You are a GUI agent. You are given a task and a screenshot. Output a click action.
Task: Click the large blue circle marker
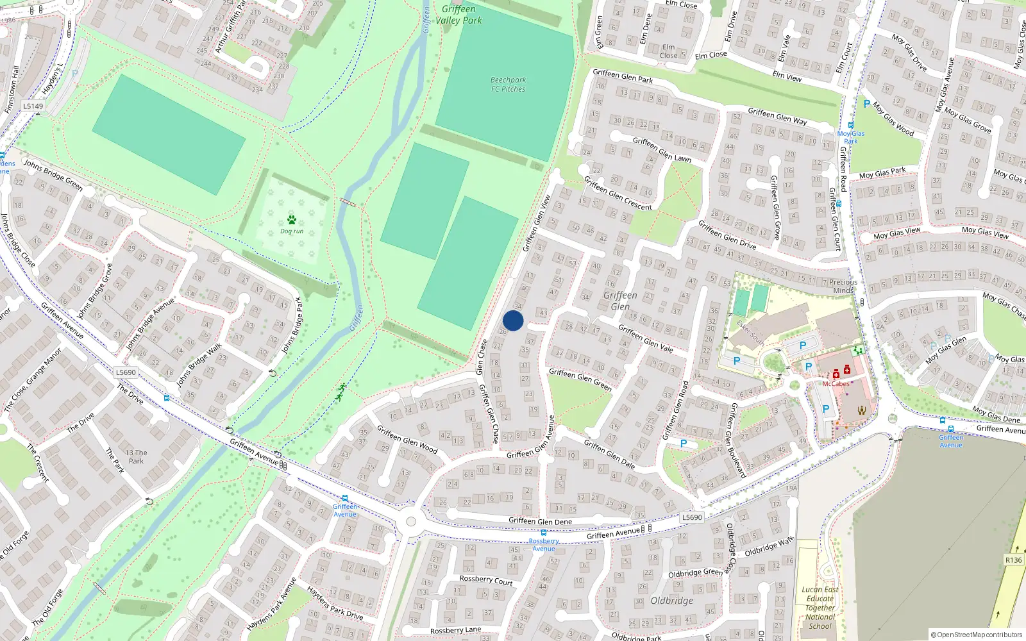[513, 320]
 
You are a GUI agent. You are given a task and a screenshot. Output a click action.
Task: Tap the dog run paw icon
[292, 220]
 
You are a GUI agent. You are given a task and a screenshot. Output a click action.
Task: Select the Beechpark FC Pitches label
[508, 85]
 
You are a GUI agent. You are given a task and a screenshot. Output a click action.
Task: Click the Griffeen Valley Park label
[458, 15]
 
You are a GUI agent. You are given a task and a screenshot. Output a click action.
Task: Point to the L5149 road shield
[33, 106]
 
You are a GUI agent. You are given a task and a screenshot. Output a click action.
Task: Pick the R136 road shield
[1013, 560]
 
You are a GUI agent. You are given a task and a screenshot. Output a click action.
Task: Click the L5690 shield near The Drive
[126, 372]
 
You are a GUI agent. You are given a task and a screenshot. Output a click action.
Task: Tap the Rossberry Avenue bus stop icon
[543, 533]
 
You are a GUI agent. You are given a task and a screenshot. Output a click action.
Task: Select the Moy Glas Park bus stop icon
[851, 126]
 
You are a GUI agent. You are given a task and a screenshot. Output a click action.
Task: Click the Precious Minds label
[843, 286]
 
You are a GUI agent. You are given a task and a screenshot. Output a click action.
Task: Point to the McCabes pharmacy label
[836, 384]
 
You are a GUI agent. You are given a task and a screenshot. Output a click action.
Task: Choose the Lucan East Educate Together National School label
[820, 608]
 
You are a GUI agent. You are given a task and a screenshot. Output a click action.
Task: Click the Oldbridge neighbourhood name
[671, 601]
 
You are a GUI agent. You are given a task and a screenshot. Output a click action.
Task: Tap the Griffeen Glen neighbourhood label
[620, 301]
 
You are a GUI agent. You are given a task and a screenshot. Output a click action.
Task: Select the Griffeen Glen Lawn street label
[662, 149]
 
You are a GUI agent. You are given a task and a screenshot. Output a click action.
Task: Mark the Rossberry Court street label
[486, 580]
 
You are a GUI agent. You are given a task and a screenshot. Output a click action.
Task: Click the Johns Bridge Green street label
[53, 174]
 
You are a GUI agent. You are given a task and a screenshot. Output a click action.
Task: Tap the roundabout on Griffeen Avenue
[410, 522]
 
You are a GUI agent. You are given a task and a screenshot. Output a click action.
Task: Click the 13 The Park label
[136, 456]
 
